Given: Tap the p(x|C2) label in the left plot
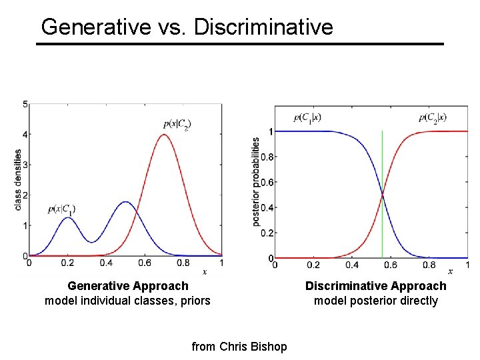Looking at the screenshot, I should (x=177, y=124).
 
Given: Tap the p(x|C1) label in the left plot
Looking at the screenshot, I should (x=61, y=209).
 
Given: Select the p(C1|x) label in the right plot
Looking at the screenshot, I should (x=307, y=118).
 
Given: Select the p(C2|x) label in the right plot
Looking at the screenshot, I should (x=433, y=118).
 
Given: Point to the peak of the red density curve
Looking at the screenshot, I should (x=163, y=135).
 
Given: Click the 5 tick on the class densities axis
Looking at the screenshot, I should (x=25, y=105).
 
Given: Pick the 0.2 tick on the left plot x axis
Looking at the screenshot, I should (x=67, y=264).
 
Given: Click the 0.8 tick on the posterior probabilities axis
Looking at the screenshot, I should (x=266, y=157).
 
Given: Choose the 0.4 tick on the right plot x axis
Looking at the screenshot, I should (x=352, y=265).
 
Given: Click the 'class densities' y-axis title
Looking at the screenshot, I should (x=18, y=179).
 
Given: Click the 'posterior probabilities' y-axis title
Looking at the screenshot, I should (x=256, y=182).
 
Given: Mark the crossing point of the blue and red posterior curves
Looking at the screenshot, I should (x=382, y=195).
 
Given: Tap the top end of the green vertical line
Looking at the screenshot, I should (x=382, y=131).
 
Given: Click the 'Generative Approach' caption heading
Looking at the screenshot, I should (x=128, y=286).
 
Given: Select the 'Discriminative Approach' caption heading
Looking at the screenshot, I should (x=376, y=286).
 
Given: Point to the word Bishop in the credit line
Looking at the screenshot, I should (x=270, y=347).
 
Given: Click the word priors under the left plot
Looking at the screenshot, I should (x=194, y=301).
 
